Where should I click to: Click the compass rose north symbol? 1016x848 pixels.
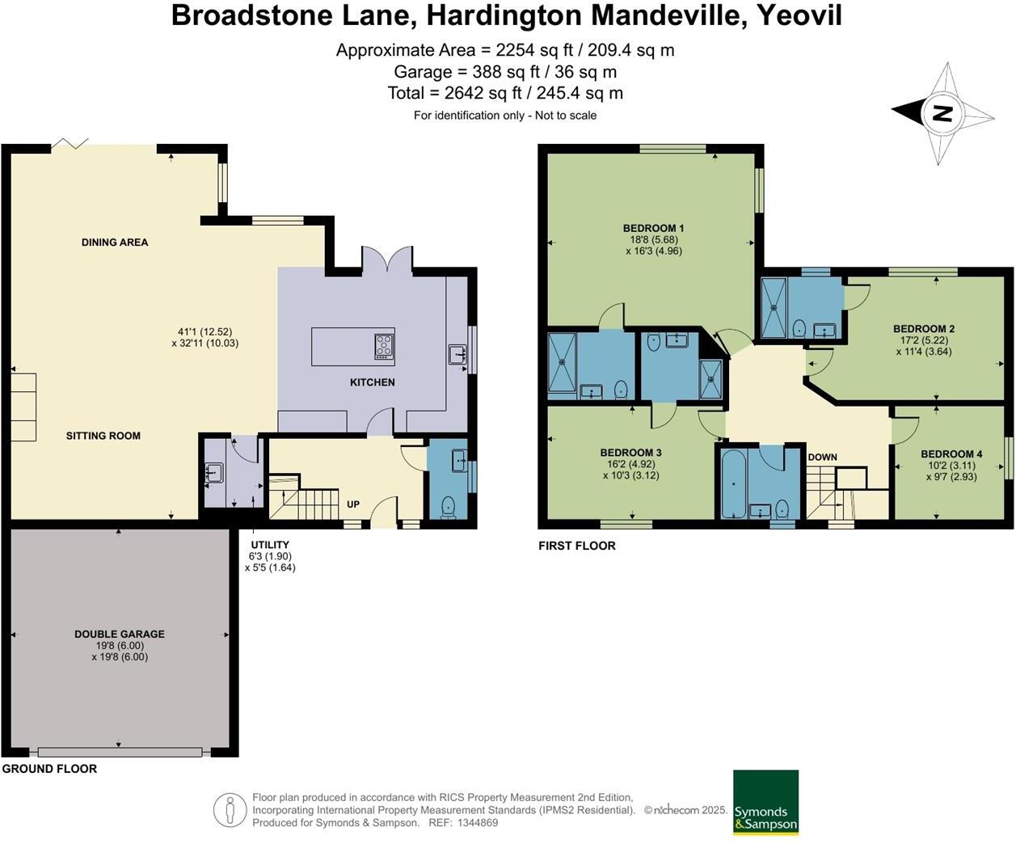[942, 113]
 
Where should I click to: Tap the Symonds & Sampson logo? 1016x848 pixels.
[765, 802]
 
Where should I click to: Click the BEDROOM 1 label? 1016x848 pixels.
[653, 228]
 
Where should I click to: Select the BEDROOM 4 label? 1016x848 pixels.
[951, 454]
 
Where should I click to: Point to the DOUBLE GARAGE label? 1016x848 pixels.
[120, 635]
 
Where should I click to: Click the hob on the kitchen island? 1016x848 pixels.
[384, 346]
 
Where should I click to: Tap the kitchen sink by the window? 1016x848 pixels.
[457, 354]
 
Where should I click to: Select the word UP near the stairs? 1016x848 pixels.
[353, 504]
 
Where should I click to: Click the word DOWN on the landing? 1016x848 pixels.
[822, 458]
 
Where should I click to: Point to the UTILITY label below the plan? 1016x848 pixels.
[270, 545]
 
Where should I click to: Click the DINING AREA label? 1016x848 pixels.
[115, 242]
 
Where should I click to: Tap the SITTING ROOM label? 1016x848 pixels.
[103, 436]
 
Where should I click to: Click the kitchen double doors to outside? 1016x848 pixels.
[387, 260]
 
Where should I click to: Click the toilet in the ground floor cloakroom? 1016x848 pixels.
[449, 507]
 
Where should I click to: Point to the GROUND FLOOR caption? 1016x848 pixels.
[49, 769]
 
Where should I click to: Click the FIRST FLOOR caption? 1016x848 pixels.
[577, 546]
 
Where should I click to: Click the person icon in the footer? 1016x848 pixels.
[230, 810]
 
